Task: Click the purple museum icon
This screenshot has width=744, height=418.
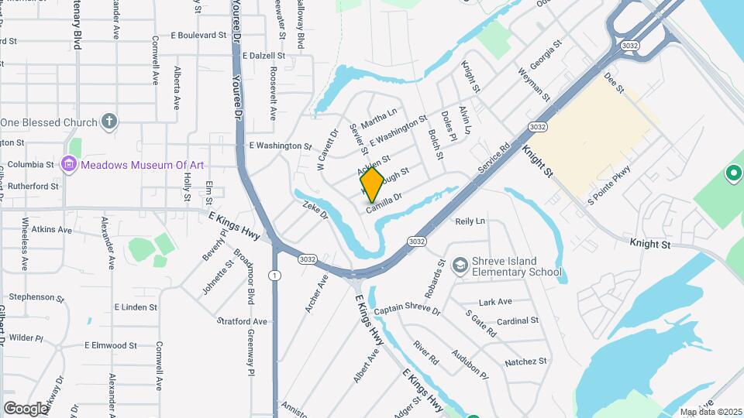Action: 68,163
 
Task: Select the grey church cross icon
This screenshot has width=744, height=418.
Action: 109,122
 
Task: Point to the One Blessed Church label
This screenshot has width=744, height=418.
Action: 49,122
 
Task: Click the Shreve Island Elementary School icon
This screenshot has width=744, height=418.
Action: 460,266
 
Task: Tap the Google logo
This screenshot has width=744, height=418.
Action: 26,408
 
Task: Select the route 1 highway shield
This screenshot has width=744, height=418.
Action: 274,276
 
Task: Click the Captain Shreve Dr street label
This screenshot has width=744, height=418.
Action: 407,310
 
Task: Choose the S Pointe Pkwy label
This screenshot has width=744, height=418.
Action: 609,186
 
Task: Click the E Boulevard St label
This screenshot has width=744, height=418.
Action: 198,36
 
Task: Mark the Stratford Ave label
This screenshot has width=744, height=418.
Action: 242,321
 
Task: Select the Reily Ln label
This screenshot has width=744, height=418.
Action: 470,221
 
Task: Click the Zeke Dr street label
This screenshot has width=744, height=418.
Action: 316,209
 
